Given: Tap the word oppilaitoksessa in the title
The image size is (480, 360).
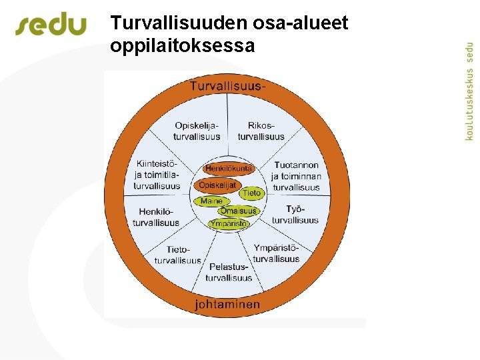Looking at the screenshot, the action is coord(183,46).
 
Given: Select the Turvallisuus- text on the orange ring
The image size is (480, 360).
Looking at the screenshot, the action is coord(228,86).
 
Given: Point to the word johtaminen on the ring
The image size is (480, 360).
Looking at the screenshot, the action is coord(227,304).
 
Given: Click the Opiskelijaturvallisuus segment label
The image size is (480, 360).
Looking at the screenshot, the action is coord(197,131).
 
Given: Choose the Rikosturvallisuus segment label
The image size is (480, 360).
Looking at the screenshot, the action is coord(261,131).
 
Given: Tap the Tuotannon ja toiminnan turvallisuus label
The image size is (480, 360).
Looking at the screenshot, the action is coord(296,176).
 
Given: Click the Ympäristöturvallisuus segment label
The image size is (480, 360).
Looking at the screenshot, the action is coord(276,253).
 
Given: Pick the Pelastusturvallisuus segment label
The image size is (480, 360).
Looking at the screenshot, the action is coord(229,272).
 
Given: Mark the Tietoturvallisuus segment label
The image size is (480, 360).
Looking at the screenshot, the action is coord(177,255).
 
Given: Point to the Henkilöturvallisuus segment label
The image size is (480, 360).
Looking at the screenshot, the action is coord(156,217).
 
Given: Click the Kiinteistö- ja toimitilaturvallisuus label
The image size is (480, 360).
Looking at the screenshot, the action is coord(157,175).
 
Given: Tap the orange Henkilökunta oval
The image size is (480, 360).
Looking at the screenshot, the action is coord(229,169).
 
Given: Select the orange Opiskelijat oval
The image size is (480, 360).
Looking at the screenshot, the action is coord(217,185).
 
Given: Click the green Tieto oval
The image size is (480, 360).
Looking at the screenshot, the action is coord(251,193).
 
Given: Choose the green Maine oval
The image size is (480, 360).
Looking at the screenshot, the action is coord(212,201).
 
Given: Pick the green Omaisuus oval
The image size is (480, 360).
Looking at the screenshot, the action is coord(238,211).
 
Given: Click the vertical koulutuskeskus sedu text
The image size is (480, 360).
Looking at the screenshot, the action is coord(470,87).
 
